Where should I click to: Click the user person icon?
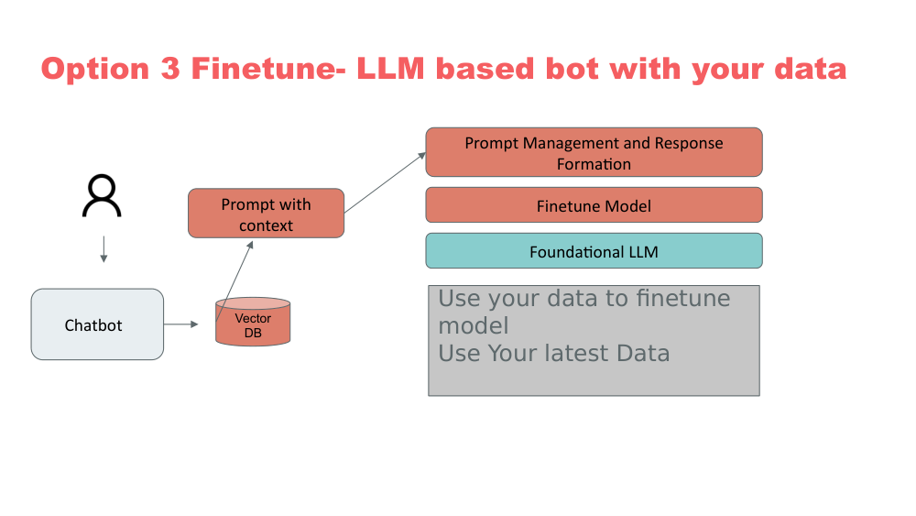pyautogui.click(x=102, y=196)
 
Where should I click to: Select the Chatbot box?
pyautogui.click(x=97, y=324)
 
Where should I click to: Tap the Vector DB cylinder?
pyautogui.click(x=253, y=323)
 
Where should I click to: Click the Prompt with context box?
pyautogui.click(x=266, y=214)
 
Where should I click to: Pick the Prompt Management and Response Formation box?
pyautogui.click(x=594, y=152)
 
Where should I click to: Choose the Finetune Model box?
pyautogui.click(x=594, y=205)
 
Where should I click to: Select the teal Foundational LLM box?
pyautogui.click(x=594, y=251)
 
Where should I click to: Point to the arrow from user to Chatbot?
pyautogui.click(x=103, y=249)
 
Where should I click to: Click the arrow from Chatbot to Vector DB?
pyautogui.click(x=181, y=324)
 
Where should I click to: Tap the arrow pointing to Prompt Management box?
pyautogui.click(x=385, y=182)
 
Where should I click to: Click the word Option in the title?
pyautogui.click(x=96, y=70)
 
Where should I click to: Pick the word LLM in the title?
pyautogui.click(x=393, y=70)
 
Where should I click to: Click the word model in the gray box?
pyautogui.click(x=473, y=325)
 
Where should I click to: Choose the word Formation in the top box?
pyautogui.click(x=594, y=164)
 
